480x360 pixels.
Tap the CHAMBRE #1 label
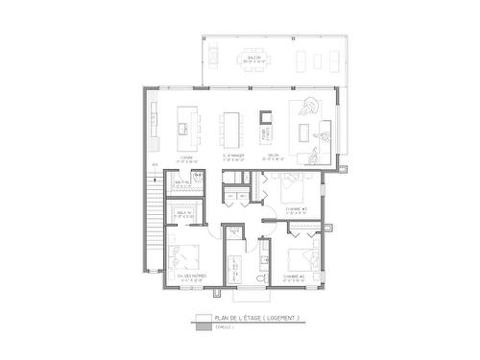coord(296,207)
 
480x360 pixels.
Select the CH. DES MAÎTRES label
coord(184,281)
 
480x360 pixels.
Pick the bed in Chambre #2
coord(302,256)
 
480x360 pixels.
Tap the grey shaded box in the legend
coord(203,326)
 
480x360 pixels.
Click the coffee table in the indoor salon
coord(310,129)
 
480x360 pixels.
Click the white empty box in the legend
coord(203,318)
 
